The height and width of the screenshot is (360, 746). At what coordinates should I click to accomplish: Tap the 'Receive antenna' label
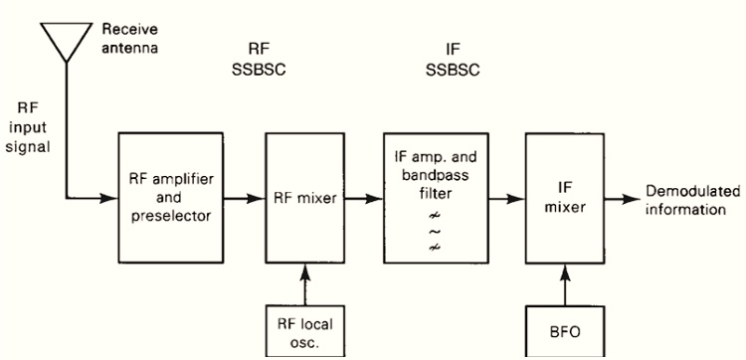pos(129,38)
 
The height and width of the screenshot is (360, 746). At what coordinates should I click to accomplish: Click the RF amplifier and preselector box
pos(167,197)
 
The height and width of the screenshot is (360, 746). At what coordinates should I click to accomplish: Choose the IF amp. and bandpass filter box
pos(434,197)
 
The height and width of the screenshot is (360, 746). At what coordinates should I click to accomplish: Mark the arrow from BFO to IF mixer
pos(564,282)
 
